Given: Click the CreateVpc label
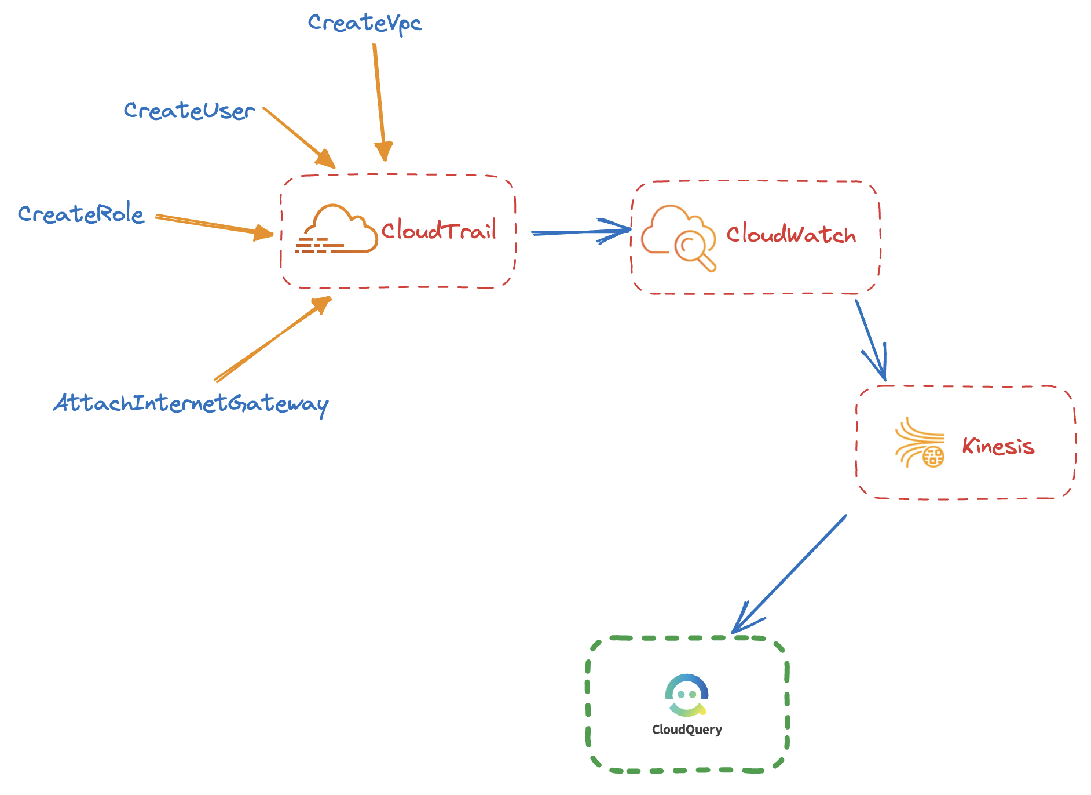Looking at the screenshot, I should point(364,23).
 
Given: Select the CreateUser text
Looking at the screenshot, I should point(189,110).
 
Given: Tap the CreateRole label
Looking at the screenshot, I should point(80,214).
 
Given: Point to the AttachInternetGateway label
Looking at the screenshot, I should point(191,403).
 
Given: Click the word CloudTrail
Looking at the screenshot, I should point(438,231).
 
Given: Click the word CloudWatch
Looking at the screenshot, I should point(790,235).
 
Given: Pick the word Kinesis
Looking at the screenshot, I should point(998,446).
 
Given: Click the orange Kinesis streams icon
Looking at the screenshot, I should point(920,443).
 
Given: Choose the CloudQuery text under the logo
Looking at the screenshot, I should point(687,730).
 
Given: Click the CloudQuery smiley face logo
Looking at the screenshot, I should point(687,694).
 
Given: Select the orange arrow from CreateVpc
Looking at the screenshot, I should point(379,99).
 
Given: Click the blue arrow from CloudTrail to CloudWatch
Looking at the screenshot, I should point(579,232).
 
